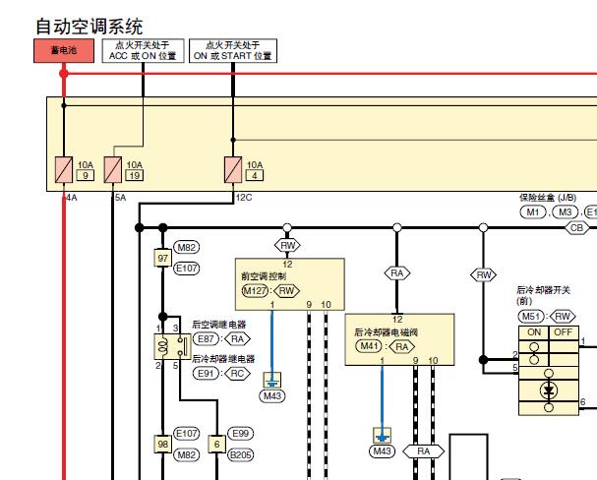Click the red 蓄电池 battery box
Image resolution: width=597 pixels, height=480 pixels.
pyautogui.click(x=63, y=50)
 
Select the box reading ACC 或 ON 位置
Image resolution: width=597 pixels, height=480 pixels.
pyautogui.click(x=143, y=51)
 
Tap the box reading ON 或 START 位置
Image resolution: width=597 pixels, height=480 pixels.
pyautogui.click(x=232, y=51)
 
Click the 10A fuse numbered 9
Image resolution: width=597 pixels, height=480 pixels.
pyautogui.click(x=62, y=170)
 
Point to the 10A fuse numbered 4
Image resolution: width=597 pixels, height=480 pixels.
pyautogui.click(x=233, y=170)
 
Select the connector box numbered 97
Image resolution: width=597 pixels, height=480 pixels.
pyautogui.click(x=163, y=258)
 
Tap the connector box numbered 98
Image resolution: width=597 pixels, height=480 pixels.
pyautogui.click(x=163, y=444)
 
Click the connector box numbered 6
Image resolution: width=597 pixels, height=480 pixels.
pyautogui.click(x=216, y=444)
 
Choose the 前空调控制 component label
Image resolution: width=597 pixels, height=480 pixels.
pyautogui.click(x=263, y=276)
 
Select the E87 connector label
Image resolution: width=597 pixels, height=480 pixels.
pyautogui.click(x=207, y=338)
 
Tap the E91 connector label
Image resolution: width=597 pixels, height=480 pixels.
pyautogui.click(x=207, y=373)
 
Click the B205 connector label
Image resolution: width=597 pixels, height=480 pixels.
pyautogui.click(x=241, y=454)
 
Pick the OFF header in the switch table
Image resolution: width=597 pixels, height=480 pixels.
pyautogui.click(x=563, y=331)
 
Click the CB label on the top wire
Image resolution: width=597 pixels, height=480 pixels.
pyautogui.click(x=576, y=227)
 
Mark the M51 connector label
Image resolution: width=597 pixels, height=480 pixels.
pyautogui.click(x=533, y=316)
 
